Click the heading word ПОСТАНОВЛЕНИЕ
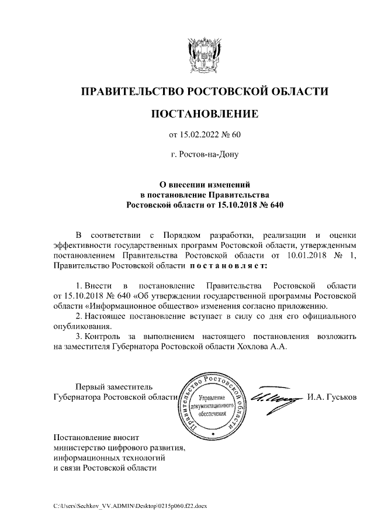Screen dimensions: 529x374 click(x=205, y=113)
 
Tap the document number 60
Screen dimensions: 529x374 click(x=236, y=136)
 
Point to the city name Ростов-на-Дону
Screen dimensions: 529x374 click(x=205, y=155)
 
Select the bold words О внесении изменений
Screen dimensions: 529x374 click(x=205, y=184)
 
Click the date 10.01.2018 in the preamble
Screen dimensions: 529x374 click(x=307, y=255)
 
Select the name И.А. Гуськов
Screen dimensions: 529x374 click(x=331, y=397)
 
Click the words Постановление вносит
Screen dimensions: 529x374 click(x=96, y=437)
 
